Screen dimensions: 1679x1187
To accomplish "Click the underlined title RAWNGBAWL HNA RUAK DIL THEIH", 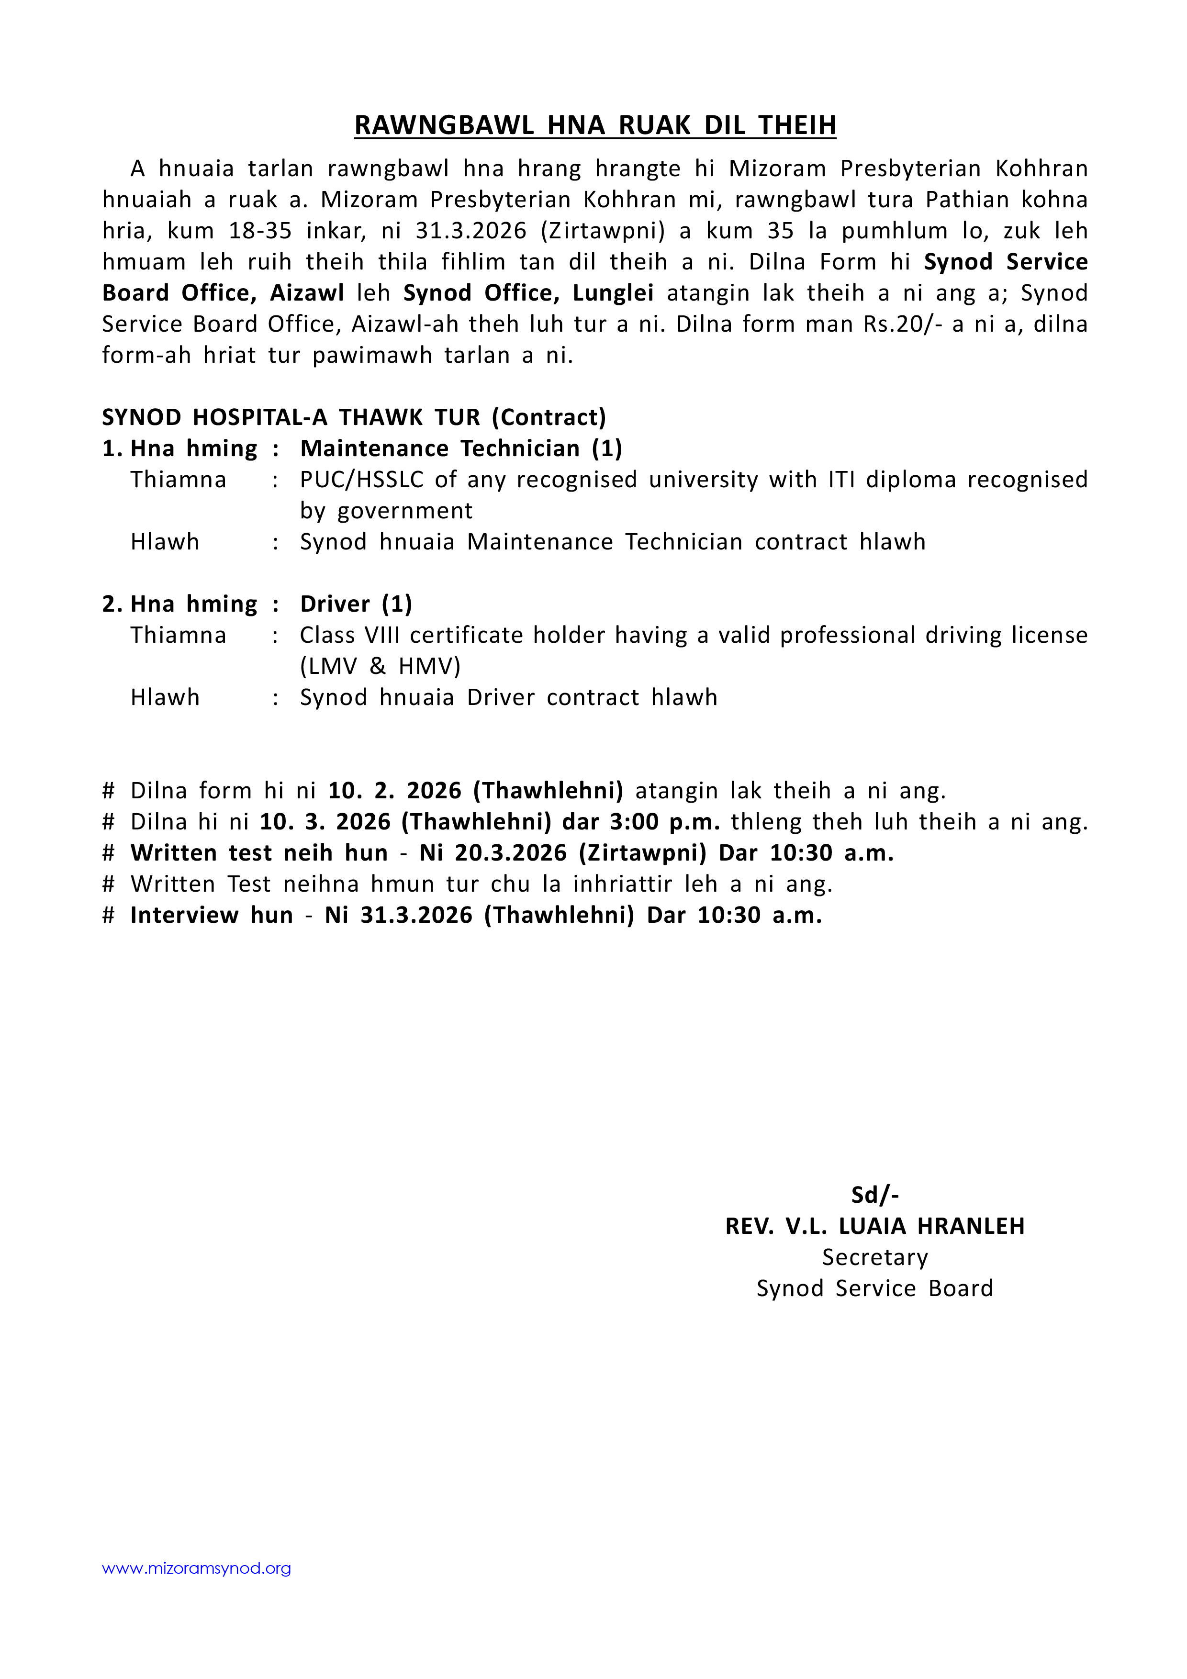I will (x=594, y=126).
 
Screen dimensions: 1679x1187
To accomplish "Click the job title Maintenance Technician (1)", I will (x=461, y=448).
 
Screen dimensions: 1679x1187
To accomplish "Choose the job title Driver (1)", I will (x=356, y=604).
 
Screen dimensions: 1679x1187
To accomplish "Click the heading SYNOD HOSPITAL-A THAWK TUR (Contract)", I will (x=354, y=417).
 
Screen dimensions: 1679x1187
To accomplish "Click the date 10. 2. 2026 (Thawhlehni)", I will (x=475, y=791).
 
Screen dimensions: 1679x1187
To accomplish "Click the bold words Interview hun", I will (x=212, y=915).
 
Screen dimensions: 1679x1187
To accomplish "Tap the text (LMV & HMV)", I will (x=381, y=666).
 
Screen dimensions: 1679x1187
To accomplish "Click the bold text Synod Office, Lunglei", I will (x=528, y=293).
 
